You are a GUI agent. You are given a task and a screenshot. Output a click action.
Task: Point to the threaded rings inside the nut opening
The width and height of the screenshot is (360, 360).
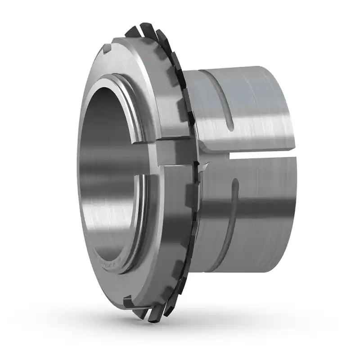[137, 112]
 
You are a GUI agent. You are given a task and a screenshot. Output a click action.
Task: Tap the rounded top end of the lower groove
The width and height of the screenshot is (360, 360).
[234, 182]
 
